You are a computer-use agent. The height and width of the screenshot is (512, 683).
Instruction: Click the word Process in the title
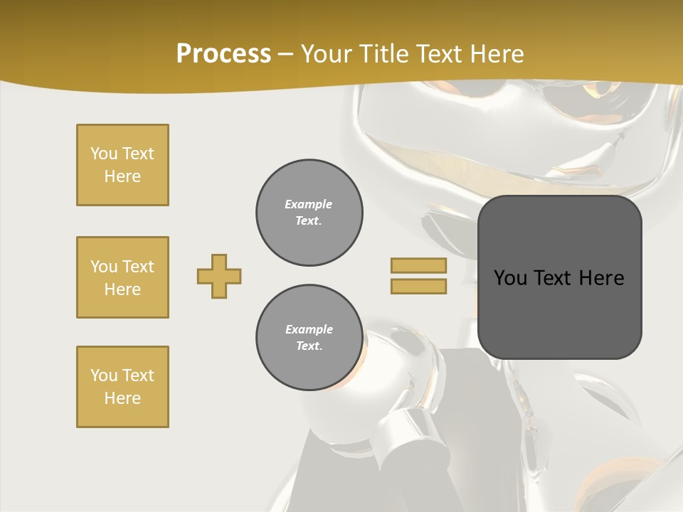(x=223, y=53)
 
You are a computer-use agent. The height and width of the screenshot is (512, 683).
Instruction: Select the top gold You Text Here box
(x=122, y=165)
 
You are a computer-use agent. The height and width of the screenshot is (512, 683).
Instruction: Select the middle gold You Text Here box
(x=122, y=277)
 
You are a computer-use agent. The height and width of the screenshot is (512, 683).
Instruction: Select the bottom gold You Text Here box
(x=122, y=387)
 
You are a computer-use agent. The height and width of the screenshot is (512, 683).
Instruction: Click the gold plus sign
(x=219, y=276)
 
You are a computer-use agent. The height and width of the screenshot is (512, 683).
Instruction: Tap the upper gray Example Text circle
(x=309, y=213)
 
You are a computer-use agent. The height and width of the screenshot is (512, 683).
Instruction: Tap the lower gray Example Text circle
(x=309, y=338)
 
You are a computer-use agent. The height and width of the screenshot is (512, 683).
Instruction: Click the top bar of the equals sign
(x=418, y=266)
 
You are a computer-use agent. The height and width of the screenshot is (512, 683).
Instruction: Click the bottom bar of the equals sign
(x=418, y=286)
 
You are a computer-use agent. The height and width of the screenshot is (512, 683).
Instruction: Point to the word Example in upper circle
(x=308, y=204)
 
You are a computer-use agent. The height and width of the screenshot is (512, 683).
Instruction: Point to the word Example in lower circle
(x=309, y=329)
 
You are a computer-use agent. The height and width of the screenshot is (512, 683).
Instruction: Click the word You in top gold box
(x=103, y=154)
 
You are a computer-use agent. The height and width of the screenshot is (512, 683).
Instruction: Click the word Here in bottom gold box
(x=122, y=398)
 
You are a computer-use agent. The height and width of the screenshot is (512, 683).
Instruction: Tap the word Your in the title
(x=325, y=53)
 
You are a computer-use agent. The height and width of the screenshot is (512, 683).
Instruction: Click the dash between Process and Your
(x=285, y=54)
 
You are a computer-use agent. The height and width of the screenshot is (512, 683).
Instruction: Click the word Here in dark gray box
(x=601, y=278)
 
